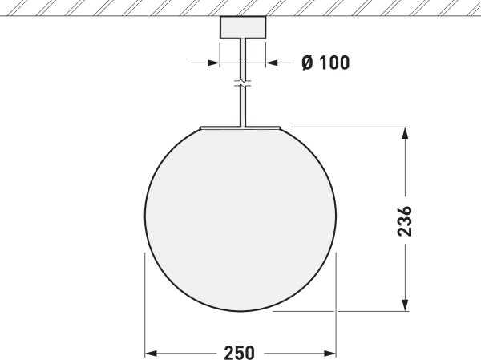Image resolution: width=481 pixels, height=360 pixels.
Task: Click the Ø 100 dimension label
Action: tap(325, 63)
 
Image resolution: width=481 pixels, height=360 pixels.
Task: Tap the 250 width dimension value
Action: tap(239, 353)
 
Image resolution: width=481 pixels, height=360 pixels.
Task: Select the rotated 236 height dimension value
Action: tap(406, 220)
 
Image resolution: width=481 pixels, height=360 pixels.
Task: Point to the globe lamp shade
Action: tap(240, 216)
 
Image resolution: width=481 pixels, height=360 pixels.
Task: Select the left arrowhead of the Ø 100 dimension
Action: tap(212, 63)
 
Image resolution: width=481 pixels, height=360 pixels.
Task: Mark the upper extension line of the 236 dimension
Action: tap(345, 126)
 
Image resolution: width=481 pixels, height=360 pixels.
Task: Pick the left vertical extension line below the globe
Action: tap(144, 305)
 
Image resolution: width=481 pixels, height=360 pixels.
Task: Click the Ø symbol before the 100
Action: tap(307, 63)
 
